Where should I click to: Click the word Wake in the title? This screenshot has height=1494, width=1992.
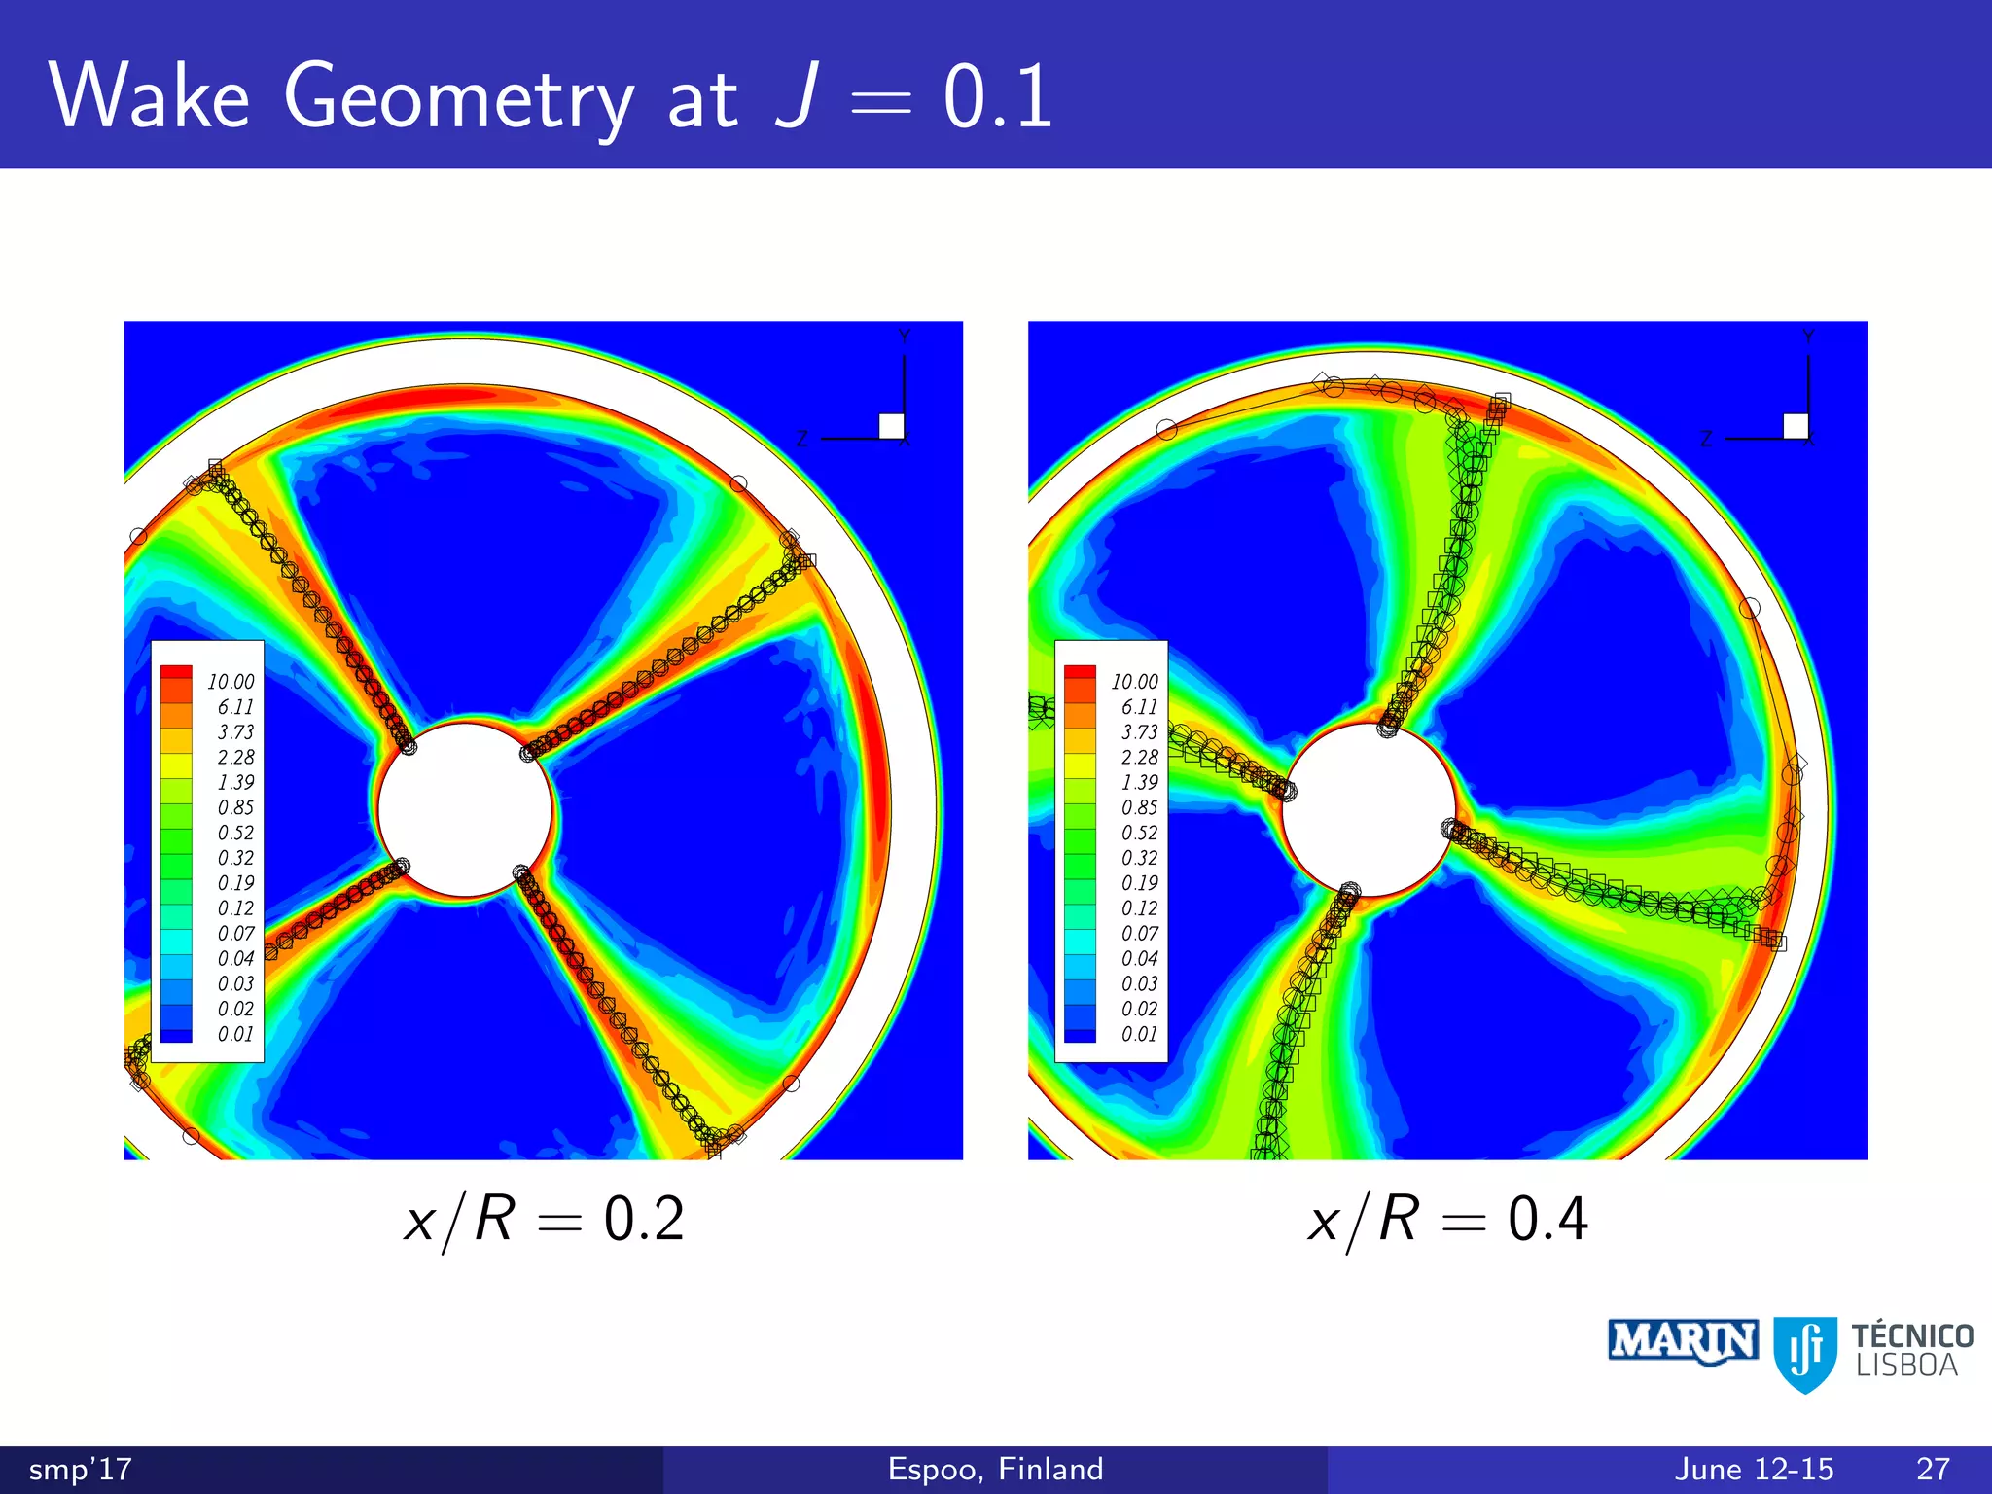(150, 96)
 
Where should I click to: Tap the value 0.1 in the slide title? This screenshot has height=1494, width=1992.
(998, 96)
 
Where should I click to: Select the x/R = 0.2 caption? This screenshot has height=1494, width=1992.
(544, 1219)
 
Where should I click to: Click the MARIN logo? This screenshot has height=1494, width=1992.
(1683, 1342)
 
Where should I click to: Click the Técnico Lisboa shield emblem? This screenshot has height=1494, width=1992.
(1804, 1353)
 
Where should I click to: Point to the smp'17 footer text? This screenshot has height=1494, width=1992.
(81, 1469)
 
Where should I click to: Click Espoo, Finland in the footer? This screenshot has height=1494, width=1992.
(995, 1469)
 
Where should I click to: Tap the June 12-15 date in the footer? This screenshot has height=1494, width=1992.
(1754, 1469)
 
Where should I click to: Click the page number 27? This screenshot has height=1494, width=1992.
(1933, 1469)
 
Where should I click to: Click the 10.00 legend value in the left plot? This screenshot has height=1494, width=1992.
(231, 682)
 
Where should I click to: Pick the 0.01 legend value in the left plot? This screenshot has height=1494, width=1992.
(235, 1034)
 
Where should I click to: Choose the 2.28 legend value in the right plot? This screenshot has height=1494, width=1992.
(1139, 757)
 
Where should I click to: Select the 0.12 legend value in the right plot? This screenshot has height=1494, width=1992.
(1139, 907)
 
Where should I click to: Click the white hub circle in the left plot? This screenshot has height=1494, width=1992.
(465, 808)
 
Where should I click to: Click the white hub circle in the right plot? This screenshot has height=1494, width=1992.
(1369, 808)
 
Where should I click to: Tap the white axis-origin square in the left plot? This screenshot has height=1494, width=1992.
(891, 426)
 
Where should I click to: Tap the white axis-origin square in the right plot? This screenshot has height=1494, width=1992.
(1796, 426)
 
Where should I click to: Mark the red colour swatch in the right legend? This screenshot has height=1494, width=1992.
(1080, 672)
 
